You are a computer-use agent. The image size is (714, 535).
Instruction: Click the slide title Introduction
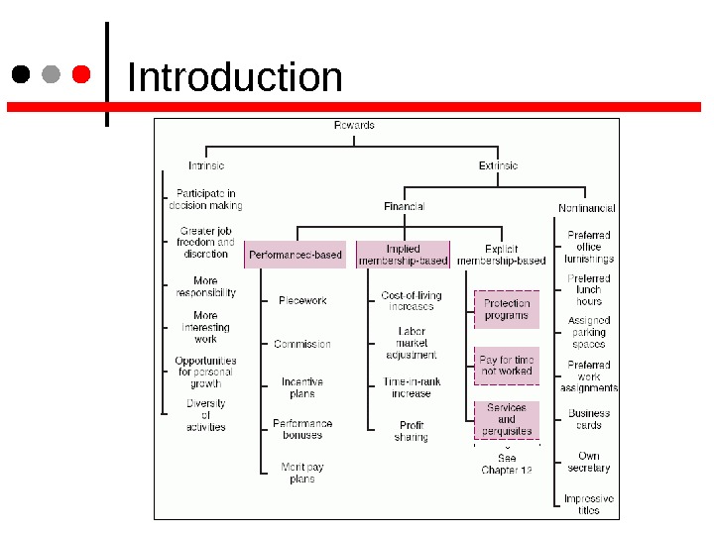pos(235,77)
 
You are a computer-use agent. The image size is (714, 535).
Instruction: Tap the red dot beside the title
pos(82,75)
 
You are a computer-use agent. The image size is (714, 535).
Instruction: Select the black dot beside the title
pos(21,75)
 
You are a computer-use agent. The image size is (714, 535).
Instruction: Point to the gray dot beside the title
pos(52,75)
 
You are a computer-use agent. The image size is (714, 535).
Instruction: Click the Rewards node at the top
pos(354,126)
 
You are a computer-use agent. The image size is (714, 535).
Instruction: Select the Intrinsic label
pos(206,165)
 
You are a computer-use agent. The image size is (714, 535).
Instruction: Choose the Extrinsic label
pos(498,165)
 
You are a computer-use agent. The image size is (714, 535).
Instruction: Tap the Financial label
pos(404,206)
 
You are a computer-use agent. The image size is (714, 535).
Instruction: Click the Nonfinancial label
pos(586,208)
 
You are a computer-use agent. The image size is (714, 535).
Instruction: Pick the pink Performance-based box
pos(296,255)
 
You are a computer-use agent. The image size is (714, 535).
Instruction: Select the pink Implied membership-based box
pos(403,255)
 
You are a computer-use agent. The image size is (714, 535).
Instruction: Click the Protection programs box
pos(507,309)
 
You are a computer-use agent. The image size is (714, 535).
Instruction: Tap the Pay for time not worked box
pos(507,365)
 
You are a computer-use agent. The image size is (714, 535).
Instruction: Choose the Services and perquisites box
pos(507,419)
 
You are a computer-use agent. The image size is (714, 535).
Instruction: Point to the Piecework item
pos(302,300)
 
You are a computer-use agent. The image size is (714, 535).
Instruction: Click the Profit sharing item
pos(411,431)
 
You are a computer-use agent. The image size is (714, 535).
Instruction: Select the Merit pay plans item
pos(302,473)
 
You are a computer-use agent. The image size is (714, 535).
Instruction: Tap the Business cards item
pos(589,419)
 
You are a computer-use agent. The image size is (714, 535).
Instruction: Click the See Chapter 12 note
pos(507,464)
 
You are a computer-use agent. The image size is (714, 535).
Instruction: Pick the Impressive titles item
pos(589,504)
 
